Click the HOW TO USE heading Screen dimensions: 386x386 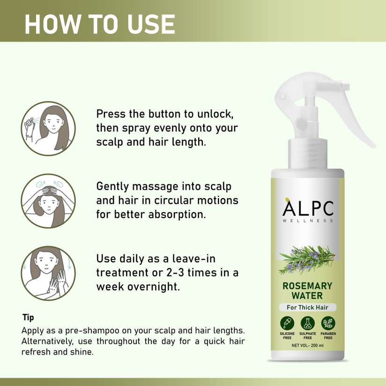click(100, 24)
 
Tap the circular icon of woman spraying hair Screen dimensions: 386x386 click(48, 128)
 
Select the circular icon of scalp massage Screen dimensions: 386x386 click(48, 201)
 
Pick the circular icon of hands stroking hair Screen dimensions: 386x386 click(48, 273)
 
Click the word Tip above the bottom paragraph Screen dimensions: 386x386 click(28, 318)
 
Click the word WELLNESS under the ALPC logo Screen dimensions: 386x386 click(308, 221)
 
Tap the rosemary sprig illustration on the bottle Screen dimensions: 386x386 click(307, 259)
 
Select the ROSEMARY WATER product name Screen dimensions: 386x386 click(307, 291)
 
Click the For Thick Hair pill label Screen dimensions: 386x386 click(307, 307)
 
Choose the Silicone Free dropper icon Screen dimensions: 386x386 click(287, 323)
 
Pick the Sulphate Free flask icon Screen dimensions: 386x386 click(307, 323)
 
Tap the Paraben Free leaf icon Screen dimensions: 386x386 click(328, 323)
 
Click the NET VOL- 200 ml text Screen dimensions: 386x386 click(307, 345)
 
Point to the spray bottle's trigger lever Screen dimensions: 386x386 click(359, 123)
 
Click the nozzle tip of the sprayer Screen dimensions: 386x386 click(347, 86)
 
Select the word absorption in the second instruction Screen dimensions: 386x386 click(177, 215)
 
